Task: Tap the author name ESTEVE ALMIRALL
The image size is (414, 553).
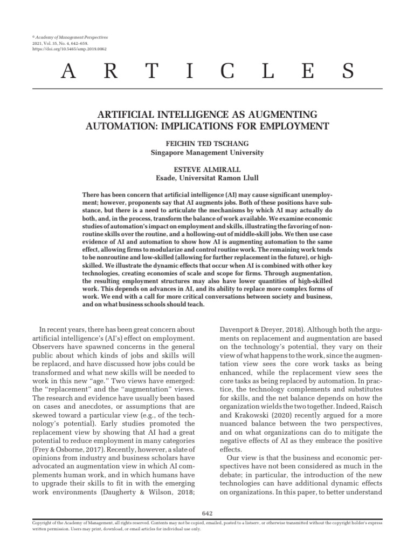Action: (x=207, y=168)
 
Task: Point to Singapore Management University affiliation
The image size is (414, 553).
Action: (x=207, y=153)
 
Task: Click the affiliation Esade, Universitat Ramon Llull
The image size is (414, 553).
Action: (x=207, y=178)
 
